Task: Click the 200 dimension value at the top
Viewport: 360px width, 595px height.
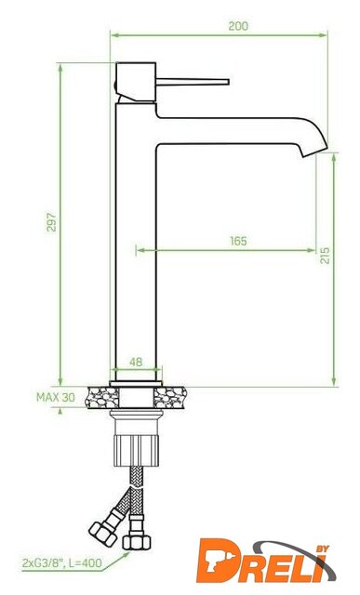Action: pos(238,26)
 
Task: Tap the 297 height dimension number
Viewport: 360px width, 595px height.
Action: pos(51,222)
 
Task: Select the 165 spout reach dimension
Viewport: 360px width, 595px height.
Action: pos(238,241)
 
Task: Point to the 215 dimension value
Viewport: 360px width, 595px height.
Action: pos(325,256)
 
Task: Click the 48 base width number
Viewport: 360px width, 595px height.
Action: pos(136,362)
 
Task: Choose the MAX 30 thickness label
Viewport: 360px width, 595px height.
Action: pos(56,397)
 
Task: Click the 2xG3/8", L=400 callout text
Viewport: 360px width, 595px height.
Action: pos(62,562)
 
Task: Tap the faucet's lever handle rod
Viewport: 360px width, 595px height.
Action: pos(193,82)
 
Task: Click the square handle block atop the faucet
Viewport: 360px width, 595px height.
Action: pos(136,82)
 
